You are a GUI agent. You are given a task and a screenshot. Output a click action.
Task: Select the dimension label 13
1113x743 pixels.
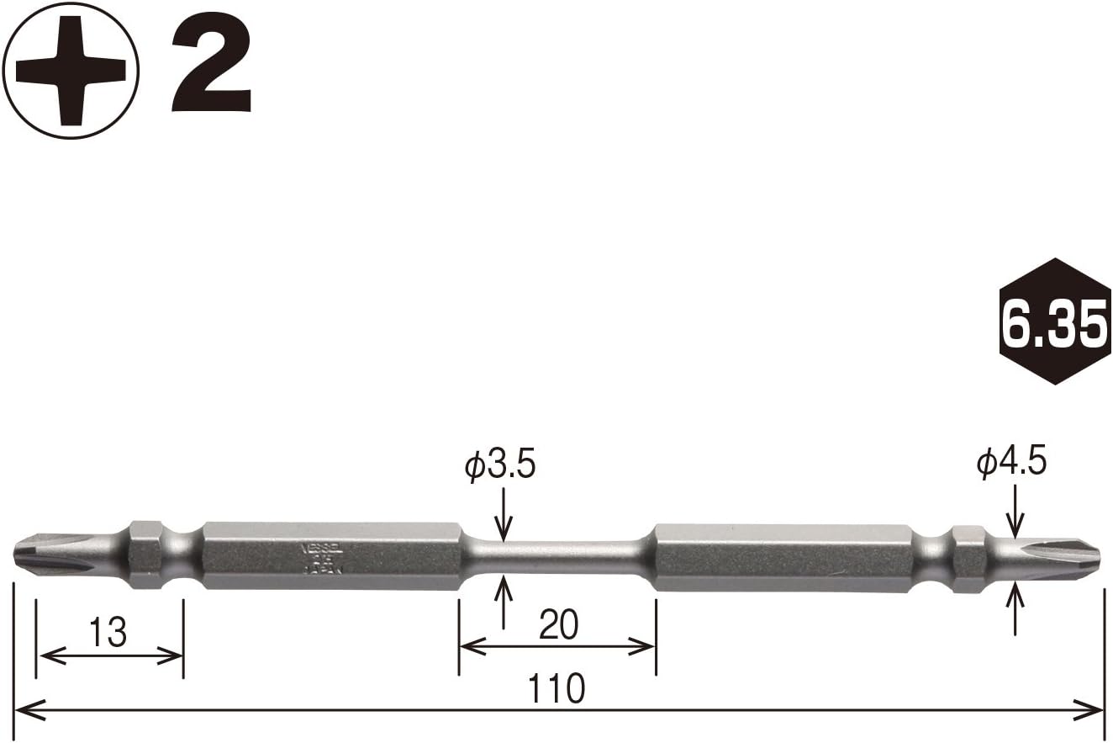[109, 632]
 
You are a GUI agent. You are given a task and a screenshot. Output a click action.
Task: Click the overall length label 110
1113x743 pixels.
[556, 689]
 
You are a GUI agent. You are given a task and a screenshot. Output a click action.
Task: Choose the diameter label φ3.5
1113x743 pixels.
[500, 465]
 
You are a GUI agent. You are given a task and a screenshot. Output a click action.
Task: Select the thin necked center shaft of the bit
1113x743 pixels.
[558, 555]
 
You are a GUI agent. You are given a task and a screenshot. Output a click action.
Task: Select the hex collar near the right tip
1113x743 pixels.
[967, 558]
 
